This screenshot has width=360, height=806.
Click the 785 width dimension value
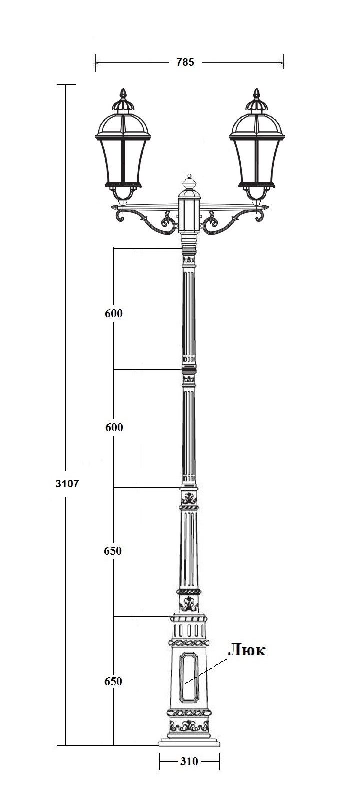coord(185,62)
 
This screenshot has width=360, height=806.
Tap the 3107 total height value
coord(67,483)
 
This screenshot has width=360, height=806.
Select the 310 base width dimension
coord(189,761)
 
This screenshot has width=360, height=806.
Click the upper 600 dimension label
coord(114,313)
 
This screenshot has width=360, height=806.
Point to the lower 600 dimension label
coord(114,427)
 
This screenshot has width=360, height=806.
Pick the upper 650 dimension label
coord(113,551)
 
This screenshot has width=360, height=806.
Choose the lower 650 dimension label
coord(113,681)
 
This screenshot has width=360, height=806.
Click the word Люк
coord(247,650)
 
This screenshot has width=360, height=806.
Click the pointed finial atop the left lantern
coord(123,94)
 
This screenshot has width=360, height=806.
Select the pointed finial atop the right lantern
coord(256,94)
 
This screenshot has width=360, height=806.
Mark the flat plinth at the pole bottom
coord(189,742)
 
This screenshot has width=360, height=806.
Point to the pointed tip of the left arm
coord(112,207)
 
